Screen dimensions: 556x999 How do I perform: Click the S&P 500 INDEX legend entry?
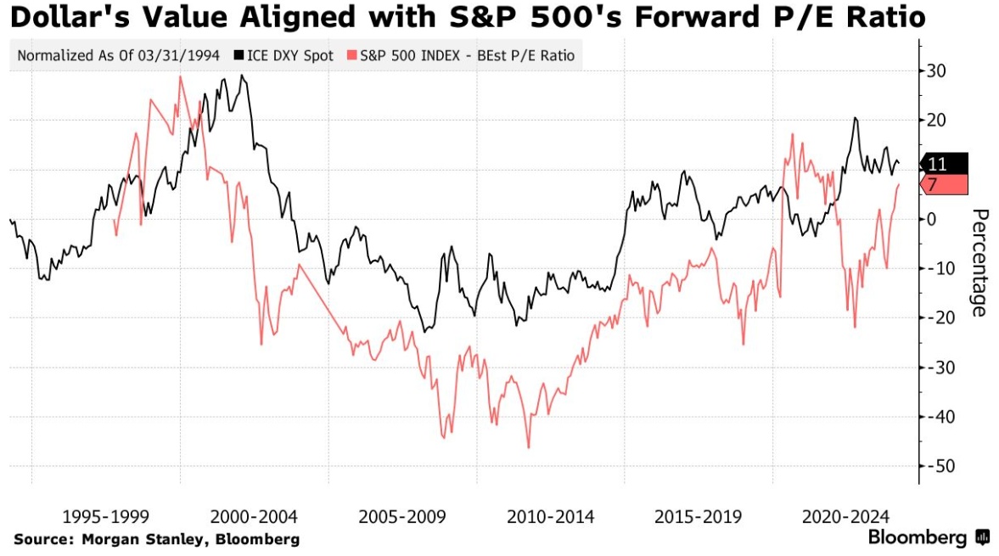point(463,57)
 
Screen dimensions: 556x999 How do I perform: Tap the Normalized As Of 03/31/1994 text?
point(118,57)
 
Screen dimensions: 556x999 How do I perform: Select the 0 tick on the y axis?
point(932,219)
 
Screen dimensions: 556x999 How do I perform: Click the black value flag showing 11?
point(945,165)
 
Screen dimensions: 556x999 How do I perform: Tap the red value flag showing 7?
point(945,185)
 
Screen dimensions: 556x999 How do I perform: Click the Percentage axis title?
point(979,262)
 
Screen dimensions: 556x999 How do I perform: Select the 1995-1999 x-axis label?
point(106,516)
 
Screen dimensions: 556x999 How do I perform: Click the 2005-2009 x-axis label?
point(401,516)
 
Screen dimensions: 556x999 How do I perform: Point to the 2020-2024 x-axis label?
point(846,516)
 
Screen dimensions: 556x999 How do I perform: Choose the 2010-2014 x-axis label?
point(550,516)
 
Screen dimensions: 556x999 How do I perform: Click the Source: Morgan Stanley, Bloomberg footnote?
point(156,539)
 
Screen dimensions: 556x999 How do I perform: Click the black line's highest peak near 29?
point(242,76)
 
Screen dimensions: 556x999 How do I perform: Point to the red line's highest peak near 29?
point(180,76)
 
